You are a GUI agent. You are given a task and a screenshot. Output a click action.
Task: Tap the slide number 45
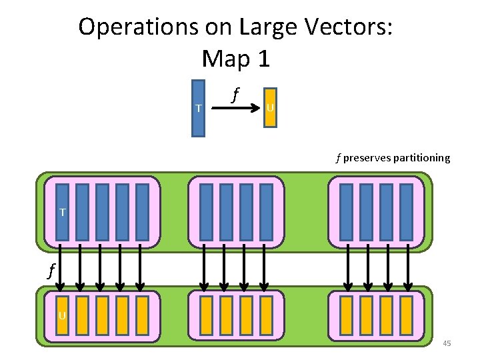(447, 343)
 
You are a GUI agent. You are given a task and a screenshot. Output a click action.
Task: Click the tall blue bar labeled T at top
(198, 108)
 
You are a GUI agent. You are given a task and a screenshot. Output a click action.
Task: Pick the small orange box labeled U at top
(269, 107)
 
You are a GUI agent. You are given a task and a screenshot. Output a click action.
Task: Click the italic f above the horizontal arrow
(234, 93)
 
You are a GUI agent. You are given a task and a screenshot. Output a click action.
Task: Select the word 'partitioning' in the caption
(421, 159)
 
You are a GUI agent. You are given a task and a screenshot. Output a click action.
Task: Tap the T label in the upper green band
(62, 213)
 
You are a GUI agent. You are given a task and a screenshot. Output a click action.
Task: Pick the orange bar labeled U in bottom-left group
(62, 315)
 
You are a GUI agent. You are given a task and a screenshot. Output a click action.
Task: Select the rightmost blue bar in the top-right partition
(406, 211)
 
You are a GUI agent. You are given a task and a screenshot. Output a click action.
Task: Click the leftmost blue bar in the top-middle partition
(206, 211)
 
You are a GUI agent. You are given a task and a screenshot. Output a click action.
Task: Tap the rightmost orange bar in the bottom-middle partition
(266, 315)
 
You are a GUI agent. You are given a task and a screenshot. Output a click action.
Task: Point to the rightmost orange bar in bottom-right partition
(406, 315)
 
